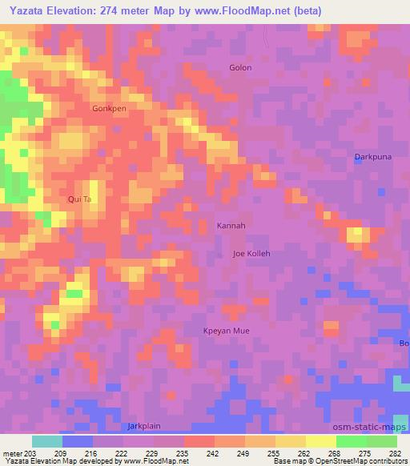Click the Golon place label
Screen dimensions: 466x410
pyautogui.click(x=240, y=67)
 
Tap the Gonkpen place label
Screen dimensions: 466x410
pyautogui.click(x=110, y=108)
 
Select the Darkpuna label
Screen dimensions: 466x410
pyautogui.click(x=373, y=157)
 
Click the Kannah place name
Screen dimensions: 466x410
pyautogui.click(x=231, y=226)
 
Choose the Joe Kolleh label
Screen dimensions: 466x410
pyautogui.click(x=251, y=254)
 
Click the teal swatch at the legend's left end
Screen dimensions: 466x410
pyautogui.click(x=46, y=440)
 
